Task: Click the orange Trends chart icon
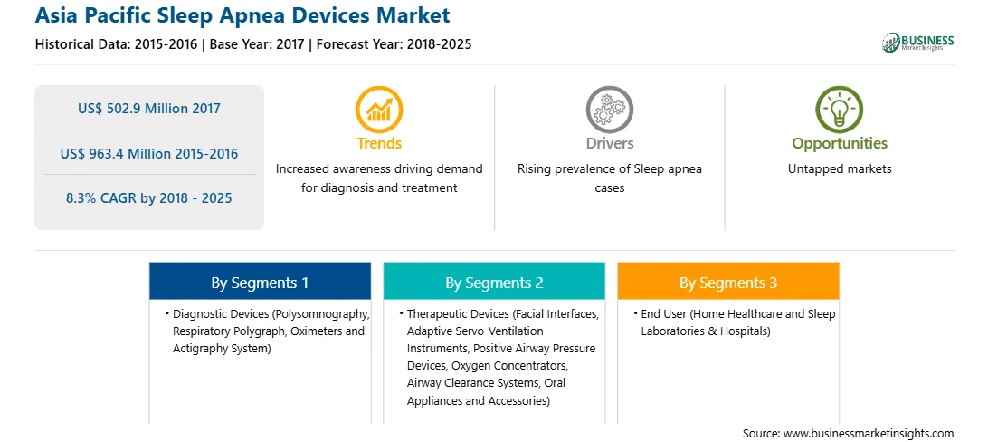[x=379, y=110]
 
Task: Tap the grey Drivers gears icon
[x=609, y=110]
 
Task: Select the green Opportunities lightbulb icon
[x=840, y=110]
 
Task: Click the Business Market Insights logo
[x=917, y=43]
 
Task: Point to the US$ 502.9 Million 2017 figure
[x=149, y=109]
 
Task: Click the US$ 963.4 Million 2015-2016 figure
[x=149, y=153]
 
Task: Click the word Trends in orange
[x=379, y=144]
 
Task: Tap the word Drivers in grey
[x=609, y=144]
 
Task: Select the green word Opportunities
[x=840, y=144]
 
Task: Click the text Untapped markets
[x=840, y=169]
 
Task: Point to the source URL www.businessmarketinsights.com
[x=869, y=433]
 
